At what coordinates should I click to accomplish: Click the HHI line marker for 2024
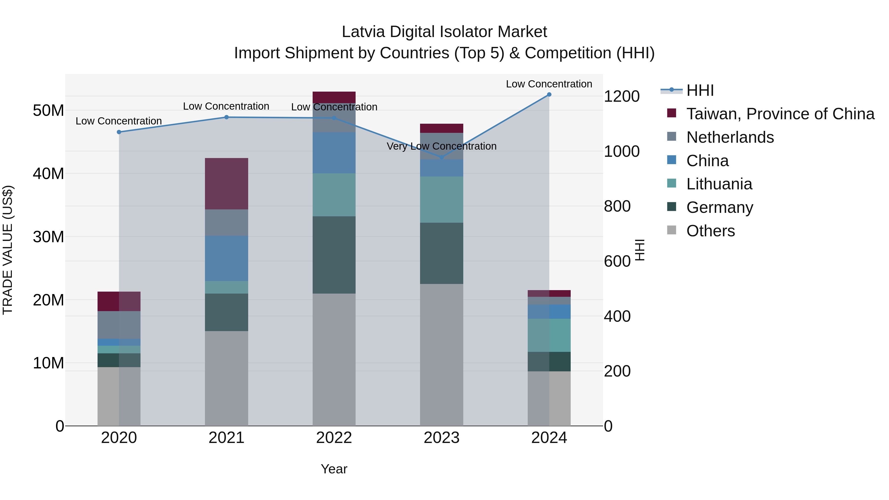click(549, 95)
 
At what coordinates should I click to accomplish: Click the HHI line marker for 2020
click(119, 132)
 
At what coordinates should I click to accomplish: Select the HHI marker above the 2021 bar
click(226, 117)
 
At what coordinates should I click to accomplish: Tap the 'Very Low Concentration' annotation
click(441, 146)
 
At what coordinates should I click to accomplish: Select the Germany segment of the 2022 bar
click(334, 255)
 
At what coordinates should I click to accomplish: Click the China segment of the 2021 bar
click(226, 259)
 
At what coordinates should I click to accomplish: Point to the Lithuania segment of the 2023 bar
click(441, 200)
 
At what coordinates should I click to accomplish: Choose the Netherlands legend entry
click(730, 137)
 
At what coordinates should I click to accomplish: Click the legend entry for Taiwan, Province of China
click(780, 114)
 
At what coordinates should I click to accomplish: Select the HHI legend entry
click(700, 90)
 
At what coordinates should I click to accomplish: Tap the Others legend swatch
click(672, 230)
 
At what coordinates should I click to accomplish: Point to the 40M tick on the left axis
click(48, 174)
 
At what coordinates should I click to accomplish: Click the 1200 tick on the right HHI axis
click(622, 96)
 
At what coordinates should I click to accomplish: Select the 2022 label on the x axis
click(334, 438)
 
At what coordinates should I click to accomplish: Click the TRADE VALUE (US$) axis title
click(8, 250)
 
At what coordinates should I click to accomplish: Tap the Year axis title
click(334, 469)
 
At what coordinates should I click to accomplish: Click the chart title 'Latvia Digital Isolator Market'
click(444, 32)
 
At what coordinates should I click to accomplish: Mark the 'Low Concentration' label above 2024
click(549, 84)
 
